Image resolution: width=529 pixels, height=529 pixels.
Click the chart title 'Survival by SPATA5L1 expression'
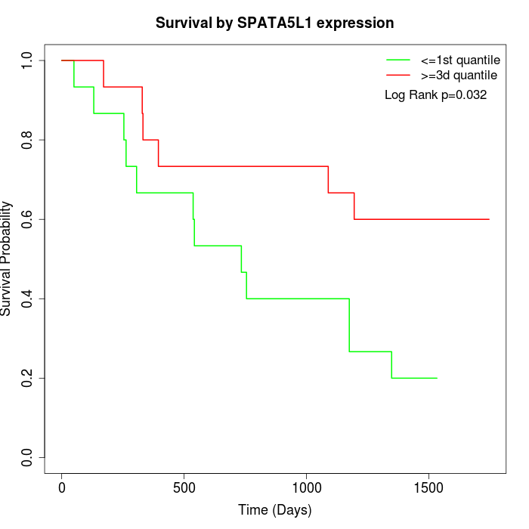pos(274,23)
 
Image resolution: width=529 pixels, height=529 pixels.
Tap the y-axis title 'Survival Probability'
pos(7,258)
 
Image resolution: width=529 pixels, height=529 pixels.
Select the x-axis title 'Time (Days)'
pos(274,510)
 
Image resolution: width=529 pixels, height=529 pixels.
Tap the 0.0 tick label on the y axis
pos(28,457)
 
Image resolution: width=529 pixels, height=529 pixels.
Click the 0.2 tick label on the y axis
pos(28,378)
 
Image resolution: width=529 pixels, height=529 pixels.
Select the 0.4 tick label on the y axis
pos(28,299)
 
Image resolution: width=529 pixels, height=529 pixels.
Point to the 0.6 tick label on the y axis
pos(28,219)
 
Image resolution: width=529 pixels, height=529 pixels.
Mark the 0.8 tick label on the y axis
pos(28,140)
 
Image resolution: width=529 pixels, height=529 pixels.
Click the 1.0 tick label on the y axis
pos(28,60)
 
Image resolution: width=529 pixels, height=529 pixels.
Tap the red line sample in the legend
pos(398,75)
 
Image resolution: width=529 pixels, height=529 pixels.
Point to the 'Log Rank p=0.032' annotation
pos(435,95)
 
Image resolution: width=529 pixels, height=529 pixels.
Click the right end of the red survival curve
pos(489,219)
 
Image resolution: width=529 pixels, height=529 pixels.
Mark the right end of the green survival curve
pos(437,378)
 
